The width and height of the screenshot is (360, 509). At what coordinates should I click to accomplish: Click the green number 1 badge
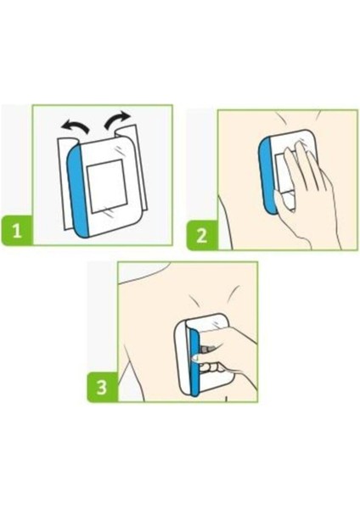(x=17, y=231)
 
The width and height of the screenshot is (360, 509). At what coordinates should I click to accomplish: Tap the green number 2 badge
(x=202, y=235)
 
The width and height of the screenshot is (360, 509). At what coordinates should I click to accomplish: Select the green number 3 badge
(x=102, y=387)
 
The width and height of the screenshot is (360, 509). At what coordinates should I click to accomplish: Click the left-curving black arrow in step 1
(x=76, y=126)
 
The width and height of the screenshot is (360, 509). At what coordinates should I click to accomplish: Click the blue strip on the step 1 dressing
(x=77, y=192)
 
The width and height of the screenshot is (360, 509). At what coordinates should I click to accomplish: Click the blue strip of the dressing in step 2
(x=267, y=176)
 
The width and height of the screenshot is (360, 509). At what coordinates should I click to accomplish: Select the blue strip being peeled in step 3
(x=194, y=362)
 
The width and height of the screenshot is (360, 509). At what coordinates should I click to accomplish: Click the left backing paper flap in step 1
(x=64, y=182)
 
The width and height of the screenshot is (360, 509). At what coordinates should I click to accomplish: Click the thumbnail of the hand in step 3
(x=194, y=358)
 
